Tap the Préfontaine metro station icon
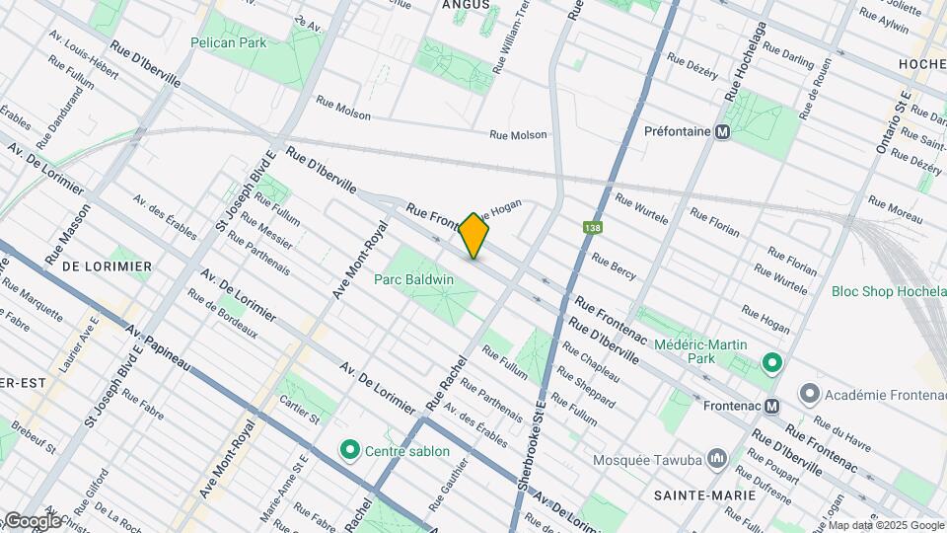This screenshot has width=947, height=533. pos(723,131)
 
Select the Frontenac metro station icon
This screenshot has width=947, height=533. pos(772,406)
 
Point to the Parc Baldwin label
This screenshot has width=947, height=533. pos(413,279)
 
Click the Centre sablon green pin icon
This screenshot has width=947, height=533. pos(348,451)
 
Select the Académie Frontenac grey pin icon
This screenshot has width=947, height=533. pos(810,394)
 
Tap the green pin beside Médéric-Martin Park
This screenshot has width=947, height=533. pos(771,362)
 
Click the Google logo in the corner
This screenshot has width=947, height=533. pos(32,520)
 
